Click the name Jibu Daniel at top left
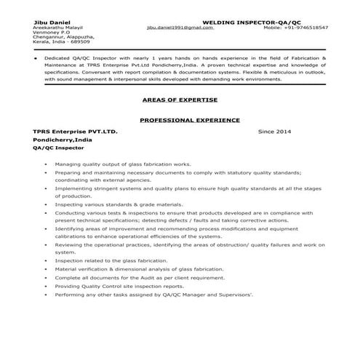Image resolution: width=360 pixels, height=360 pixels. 49,22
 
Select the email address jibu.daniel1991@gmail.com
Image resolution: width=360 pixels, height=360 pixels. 179,28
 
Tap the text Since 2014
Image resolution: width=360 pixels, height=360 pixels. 275,132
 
